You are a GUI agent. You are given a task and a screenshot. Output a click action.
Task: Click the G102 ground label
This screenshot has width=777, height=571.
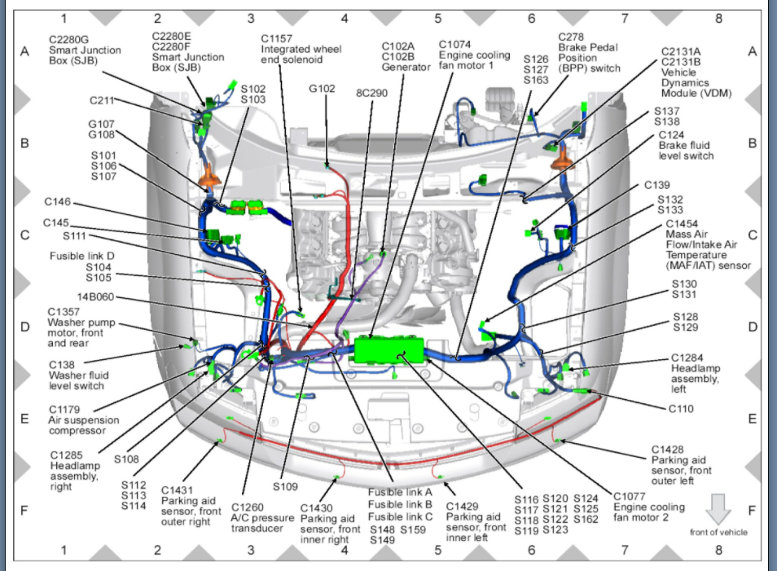[x=322, y=88]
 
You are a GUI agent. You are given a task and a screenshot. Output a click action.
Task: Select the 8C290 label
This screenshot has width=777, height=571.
[x=371, y=94]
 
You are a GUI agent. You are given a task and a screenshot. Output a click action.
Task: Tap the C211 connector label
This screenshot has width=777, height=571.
[x=103, y=100]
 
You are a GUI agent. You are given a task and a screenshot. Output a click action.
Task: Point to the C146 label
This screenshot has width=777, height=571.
[x=58, y=201]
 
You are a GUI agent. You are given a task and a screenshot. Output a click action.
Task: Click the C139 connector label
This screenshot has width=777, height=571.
[x=656, y=185]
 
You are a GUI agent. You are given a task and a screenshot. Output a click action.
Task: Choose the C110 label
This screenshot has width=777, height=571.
[x=681, y=409]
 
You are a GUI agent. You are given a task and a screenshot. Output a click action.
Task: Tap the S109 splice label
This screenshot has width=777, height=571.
[x=286, y=486]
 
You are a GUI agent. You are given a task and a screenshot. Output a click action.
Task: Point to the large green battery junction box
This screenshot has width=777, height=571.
[x=389, y=351]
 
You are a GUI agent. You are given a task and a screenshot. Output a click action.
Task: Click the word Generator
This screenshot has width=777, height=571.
[x=406, y=67]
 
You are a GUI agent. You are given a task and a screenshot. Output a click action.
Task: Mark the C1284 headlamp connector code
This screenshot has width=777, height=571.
[x=688, y=357]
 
